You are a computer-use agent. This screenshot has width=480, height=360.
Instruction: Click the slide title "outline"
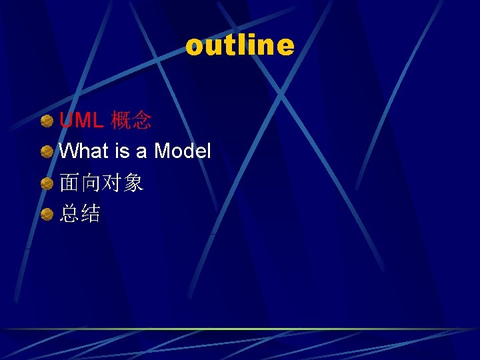[239, 45]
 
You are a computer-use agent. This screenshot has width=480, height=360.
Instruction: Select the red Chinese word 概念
[131, 120]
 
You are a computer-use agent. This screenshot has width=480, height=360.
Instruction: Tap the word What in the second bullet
[84, 151]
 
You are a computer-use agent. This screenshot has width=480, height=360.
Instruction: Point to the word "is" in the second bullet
[122, 151]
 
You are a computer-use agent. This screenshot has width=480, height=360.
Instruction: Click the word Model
[182, 151]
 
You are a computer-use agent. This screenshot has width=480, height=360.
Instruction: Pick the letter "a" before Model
[141, 152]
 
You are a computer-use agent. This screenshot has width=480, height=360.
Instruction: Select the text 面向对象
[101, 183]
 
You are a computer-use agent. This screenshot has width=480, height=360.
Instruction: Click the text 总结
[80, 213]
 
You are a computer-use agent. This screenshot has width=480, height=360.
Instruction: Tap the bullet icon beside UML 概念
[47, 121]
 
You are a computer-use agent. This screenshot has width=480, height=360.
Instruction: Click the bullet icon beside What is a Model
[47, 152]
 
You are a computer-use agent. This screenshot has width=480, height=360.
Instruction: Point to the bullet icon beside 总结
[47, 214]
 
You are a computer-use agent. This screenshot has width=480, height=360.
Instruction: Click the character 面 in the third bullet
[69, 183]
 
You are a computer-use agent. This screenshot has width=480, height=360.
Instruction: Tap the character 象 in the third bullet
[133, 183]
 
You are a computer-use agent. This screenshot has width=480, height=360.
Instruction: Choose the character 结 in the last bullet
[91, 213]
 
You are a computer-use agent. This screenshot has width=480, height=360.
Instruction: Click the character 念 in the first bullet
[141, 120]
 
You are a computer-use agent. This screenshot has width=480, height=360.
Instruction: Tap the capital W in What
[69, 151]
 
